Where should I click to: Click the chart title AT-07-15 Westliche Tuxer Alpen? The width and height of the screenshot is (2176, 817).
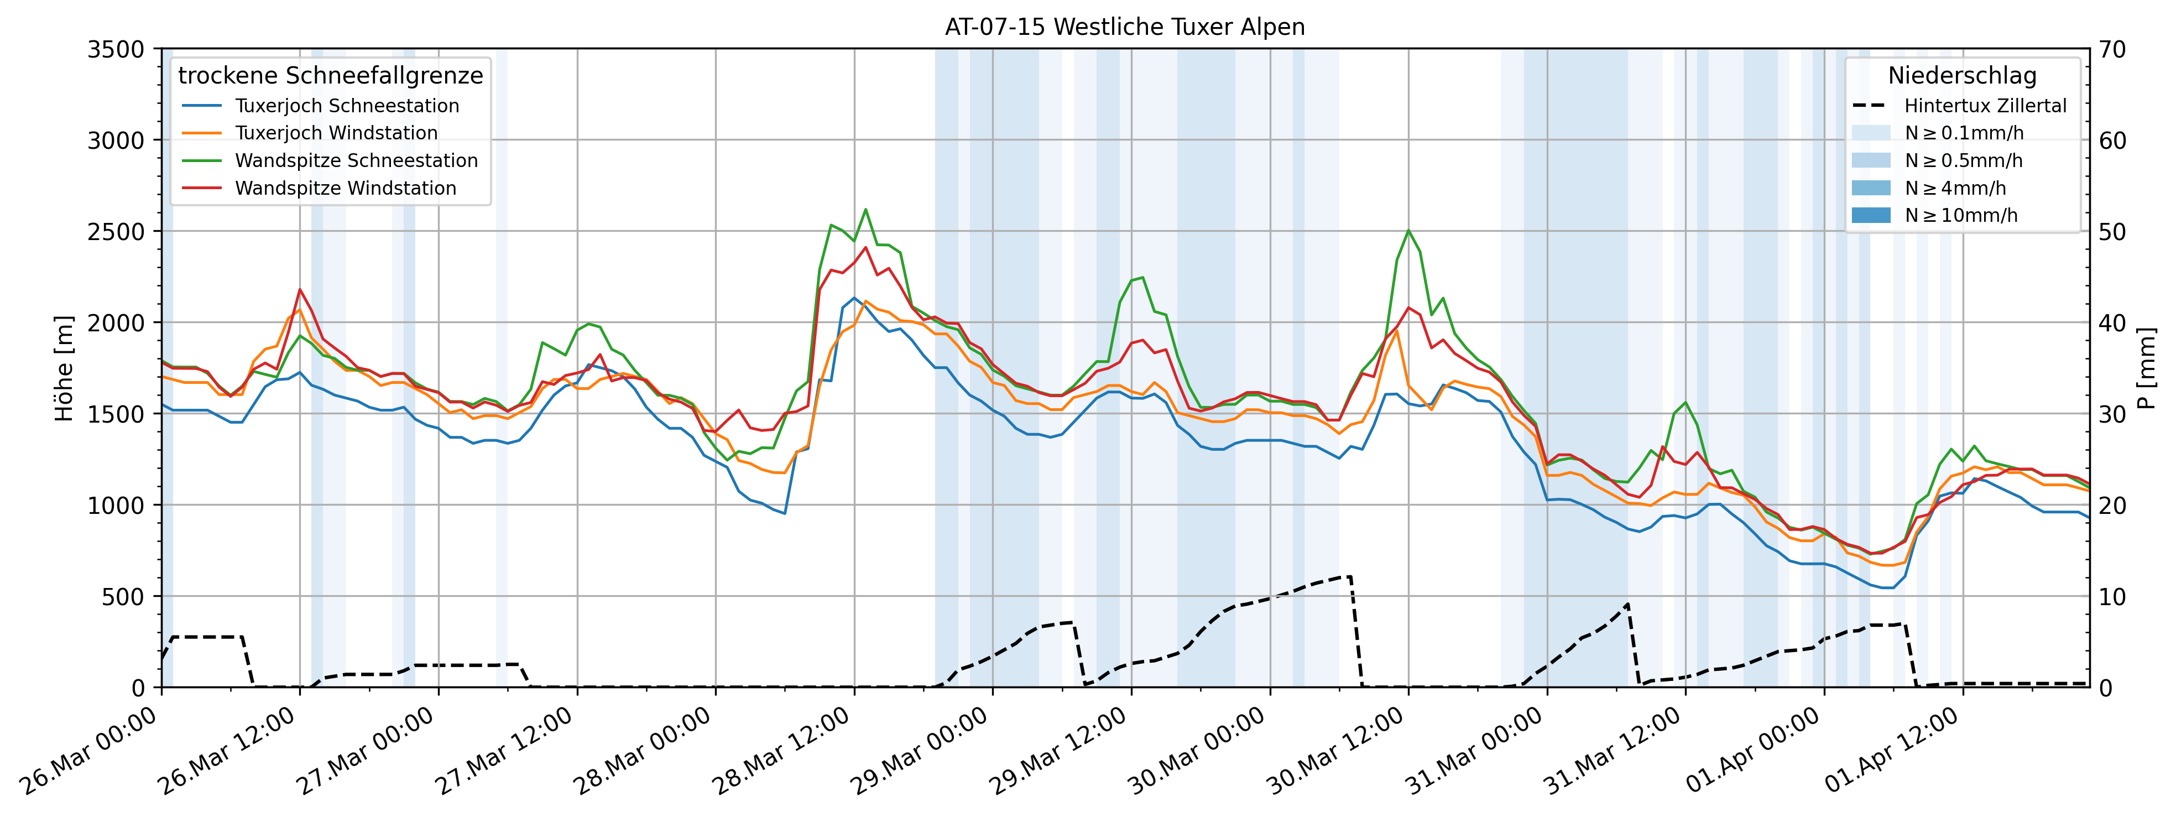click(x=1124, y=27)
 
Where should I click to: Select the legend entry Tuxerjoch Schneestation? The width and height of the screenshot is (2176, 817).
click(x=346, y=106)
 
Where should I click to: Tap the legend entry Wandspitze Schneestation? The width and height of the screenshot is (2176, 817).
click(x=356, y=160)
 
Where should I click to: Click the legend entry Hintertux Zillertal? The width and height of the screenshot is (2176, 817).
click(x=1984, y=106)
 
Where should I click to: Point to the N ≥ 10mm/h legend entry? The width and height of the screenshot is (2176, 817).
click(x=1960, y=215)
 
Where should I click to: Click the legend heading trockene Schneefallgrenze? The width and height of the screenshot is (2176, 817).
click(x=330, y=75)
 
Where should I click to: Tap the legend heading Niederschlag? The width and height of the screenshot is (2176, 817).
click(x=1961, y=75)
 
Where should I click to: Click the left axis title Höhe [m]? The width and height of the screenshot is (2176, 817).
click(x=64, y=368)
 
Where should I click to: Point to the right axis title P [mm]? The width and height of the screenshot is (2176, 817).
click(x=2147, y=368)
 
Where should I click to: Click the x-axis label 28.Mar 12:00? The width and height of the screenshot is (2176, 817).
click(x=781, y=752)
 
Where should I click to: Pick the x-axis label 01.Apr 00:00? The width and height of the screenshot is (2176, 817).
click(x=1752, y=752)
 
